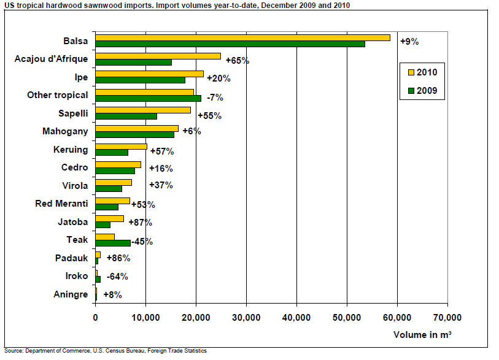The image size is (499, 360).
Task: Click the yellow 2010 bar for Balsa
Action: pyautogui.click(x=242, y=37)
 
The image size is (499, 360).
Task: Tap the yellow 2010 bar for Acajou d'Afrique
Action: pyautogui.click(x=158, y=56)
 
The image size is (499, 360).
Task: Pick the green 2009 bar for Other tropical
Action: pyautogui.click(x=148, y=98)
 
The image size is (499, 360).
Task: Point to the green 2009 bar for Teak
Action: pyautogui.click(x=112, y=243)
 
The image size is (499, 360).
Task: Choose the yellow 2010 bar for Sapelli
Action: pyautogui.click(x=143, y=110)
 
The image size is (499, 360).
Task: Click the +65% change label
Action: pyautogui.click(x=237, y=61)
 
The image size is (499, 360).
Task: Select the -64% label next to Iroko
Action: pyautogui.click(x=117, y=276)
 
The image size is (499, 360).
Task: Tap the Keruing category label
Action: pyautogui.click(x=71, y=150)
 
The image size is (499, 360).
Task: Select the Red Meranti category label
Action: pyautogui.click(x=62, y=204)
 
